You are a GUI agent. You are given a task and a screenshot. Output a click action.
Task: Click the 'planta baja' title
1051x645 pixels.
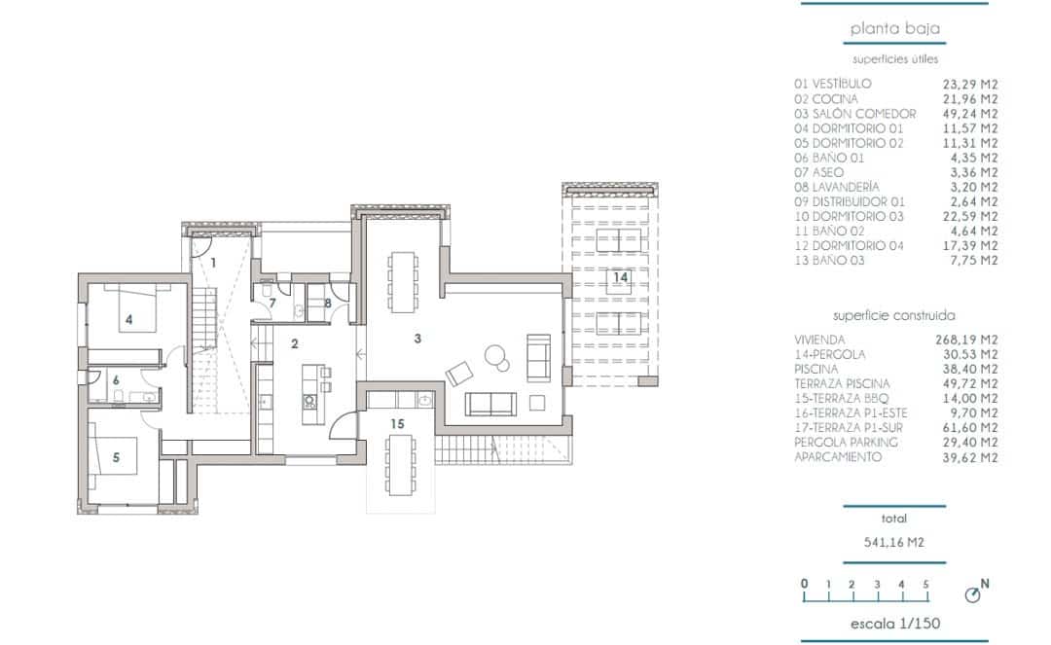(x=895, y=29)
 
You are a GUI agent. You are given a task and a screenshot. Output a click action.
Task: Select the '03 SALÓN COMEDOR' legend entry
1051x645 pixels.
(x=854, y=113)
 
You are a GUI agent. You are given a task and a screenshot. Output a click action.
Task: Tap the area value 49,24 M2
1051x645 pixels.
(x=975, y=113)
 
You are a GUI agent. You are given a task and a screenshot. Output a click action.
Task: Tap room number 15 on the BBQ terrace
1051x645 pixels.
(x=397, y=423)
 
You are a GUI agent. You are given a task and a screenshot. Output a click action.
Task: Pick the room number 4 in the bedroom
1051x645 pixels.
(x=128, y=318)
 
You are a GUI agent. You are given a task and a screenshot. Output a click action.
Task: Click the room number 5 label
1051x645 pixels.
(x=117, y=458)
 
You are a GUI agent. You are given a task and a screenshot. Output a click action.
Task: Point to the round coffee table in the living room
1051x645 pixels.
(x=497, y=358)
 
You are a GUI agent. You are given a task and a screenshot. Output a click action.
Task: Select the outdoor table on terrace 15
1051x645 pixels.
(x=398, y=465)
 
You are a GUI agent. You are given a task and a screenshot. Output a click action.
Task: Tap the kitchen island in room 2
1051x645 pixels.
(x=311, y=394)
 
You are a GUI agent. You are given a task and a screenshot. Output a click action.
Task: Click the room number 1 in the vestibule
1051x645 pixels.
(x=212, y=261)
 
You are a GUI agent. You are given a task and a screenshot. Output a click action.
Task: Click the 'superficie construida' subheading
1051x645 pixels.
(x=893, y=316)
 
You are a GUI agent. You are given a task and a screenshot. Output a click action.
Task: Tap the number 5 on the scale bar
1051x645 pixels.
(x=926, y=584)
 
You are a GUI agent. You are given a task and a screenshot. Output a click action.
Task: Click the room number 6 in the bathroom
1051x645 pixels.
(x=115, y=381)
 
